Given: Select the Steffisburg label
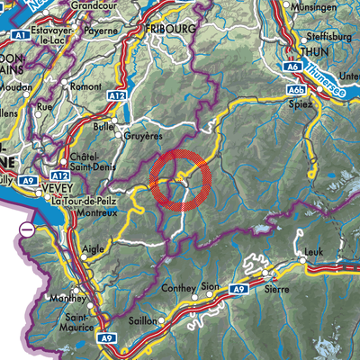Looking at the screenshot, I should [328, 37].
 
